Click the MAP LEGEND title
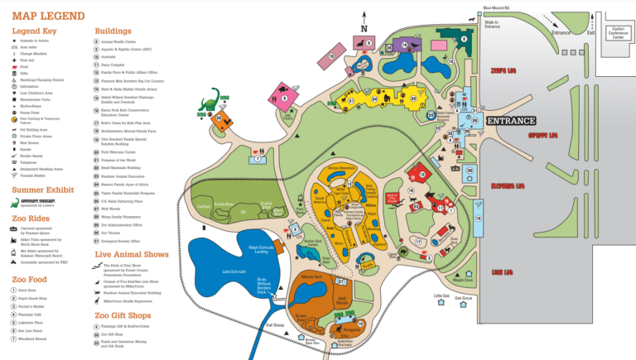point(48,16)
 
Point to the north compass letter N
point(364,29)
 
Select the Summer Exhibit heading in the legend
point(42,190)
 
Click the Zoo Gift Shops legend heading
point(125,315)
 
